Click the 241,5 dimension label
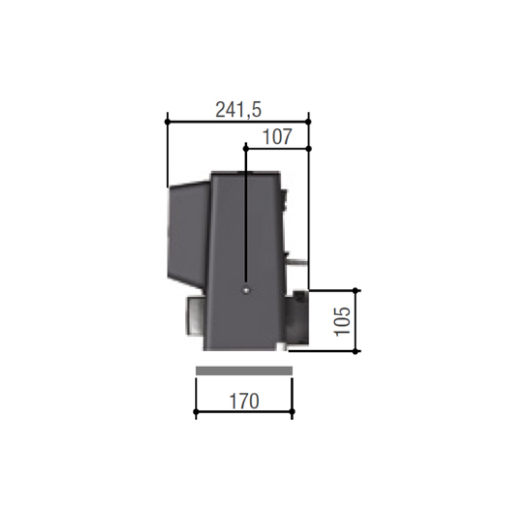(238, 110)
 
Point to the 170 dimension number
(244, 401)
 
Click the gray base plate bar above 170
(244, 371)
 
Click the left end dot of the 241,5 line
(167, 122)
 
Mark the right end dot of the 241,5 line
(309, 122)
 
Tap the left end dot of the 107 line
(246, 148)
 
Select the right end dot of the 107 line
(309, 148)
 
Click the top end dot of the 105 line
(356, 290)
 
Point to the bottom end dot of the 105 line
(356, 351)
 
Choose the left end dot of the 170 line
(196, 411)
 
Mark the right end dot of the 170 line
(292, 411)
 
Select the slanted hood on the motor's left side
(188, 232)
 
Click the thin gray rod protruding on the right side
(299, 261)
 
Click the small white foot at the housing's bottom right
(286, 348)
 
